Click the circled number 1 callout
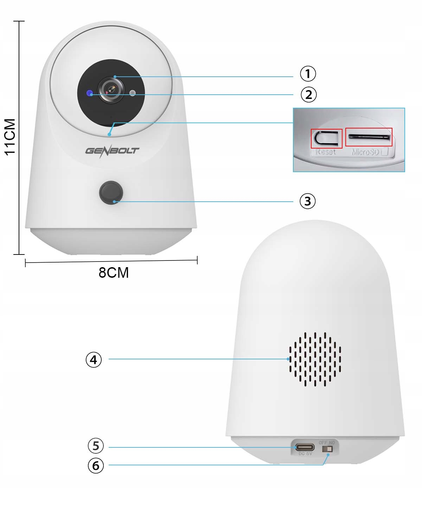tap(308, 74)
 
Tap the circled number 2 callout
tap(308, 94)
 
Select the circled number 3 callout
tap(308, 201)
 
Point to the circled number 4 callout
tap(94, 360)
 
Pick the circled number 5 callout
tap(96, 446)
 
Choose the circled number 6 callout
tap(96, 466)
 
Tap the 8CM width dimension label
tap(114, 273)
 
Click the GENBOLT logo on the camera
tap(112, 151)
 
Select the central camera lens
tap(111, 89)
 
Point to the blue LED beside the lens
tap(90, 93)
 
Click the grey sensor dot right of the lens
tap(133, 93)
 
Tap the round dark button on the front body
tap(111, 193)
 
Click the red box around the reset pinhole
tap(326, 139)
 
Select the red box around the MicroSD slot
tap(369, 137)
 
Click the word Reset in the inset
tap(325, 152)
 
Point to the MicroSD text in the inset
tap(366, 152)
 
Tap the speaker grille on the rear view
tap(315, 359)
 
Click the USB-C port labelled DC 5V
tap(305, 447)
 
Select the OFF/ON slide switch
tap(327, 449)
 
